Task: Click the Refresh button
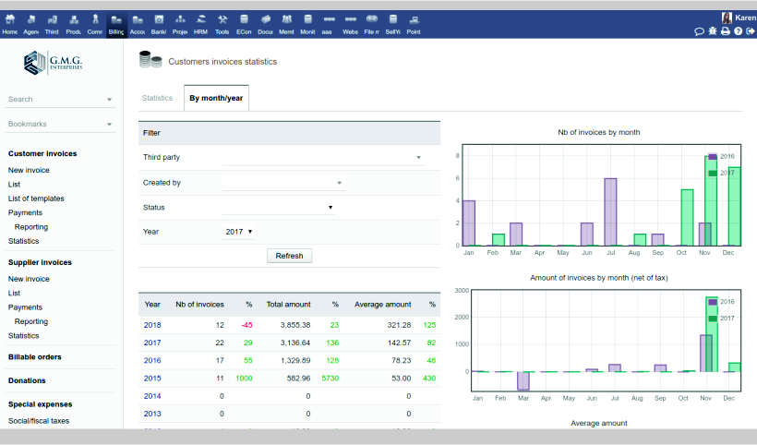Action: pos(289,256)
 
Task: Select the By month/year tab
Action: pos(216,98)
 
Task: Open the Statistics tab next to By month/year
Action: pos(157,98)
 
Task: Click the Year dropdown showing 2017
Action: pos(239,232)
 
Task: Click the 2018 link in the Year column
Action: pos(152,325)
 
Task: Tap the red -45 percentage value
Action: pos(246,325)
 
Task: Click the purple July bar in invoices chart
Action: pos(610,211)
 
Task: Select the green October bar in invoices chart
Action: pos(687,217)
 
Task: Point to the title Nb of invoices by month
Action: pos(598,132)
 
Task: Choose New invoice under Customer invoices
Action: pos(29,170)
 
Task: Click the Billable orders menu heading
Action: pos(34,356)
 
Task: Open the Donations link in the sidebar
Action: pos(27,380)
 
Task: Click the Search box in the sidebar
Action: pos(55,99)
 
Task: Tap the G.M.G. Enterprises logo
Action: pos(54,63)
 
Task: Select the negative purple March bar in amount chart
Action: pos(523,380)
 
